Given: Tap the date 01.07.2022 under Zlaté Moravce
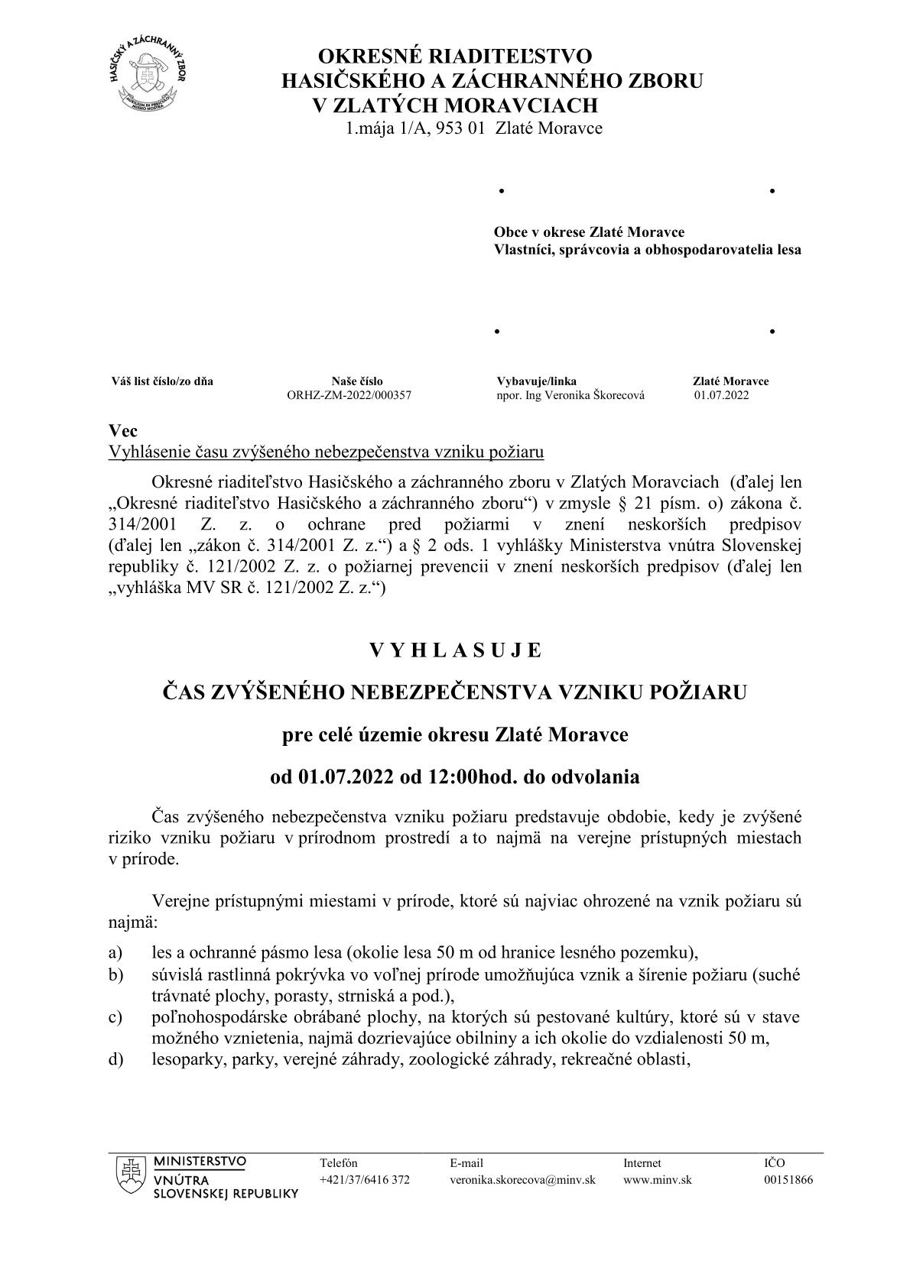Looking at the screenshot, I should [x=721, y=395].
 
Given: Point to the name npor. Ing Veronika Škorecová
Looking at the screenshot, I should [x=570, y=395].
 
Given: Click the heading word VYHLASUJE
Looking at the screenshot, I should [x=456, y=650].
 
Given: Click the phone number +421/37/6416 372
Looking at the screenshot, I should [x=364, y=1179].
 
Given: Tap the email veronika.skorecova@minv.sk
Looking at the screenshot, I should [x=522, y=1179].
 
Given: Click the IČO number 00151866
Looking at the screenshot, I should [x=788, y=1179].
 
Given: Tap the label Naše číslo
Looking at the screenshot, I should [x=357, y=381].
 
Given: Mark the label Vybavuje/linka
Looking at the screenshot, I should [x=537, y=381].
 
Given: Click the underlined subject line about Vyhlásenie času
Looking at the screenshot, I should [x=327, y=452].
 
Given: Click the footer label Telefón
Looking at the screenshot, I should [x=339, y=1162].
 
